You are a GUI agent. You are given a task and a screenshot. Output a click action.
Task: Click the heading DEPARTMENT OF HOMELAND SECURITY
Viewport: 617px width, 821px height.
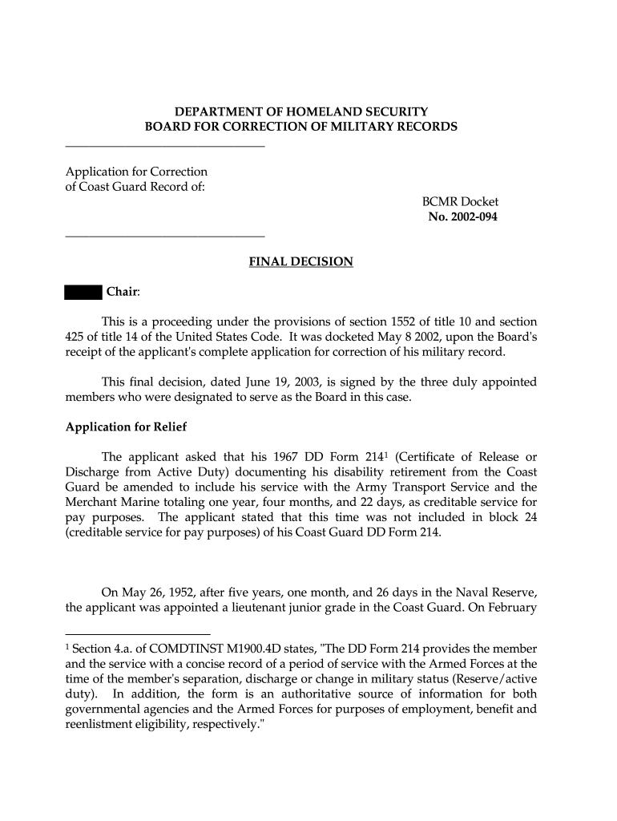pos(301,112)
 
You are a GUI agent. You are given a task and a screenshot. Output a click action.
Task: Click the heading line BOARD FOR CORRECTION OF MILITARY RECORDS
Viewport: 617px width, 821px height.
pos(301,127)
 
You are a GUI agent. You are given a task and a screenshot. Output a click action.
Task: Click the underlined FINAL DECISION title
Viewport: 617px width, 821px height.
pos(300,262)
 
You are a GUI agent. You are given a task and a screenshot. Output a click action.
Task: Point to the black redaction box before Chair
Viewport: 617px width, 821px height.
pos(83,292)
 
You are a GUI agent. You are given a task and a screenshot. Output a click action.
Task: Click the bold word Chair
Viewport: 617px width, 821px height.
pos(123,292)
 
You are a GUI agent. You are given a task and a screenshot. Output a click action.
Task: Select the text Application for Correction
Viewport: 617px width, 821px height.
pos(136,172)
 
